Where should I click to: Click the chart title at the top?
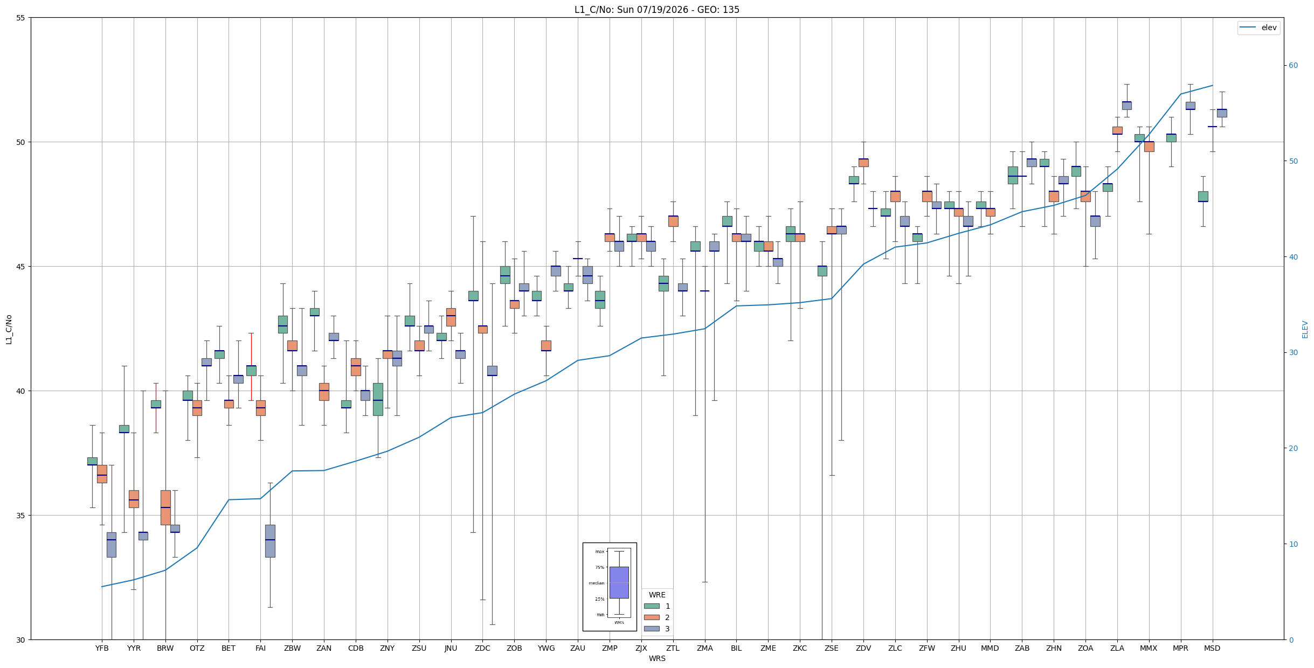(656, 10)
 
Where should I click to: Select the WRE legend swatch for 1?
(652, 606)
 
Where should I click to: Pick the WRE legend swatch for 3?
(652, 629)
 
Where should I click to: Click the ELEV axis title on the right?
(1305, 329)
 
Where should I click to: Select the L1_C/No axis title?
(9, 329)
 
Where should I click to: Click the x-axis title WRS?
(657, 658)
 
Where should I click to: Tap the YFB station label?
(102, 648)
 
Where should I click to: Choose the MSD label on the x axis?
(1212, 648)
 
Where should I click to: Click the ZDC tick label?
(482, 648)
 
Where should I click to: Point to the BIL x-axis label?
(736, 648)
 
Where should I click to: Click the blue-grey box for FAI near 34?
(270, 541)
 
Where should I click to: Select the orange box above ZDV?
(863, 163)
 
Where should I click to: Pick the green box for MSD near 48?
(1203, 197)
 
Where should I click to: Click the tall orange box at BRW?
(165, 507)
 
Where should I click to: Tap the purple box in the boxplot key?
(619, 582)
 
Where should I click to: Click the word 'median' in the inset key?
(597, 583)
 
